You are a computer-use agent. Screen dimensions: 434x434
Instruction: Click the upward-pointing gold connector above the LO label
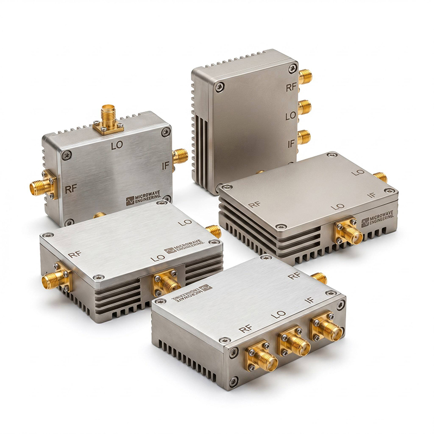[108, 119]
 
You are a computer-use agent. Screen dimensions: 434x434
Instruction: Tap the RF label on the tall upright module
[291, 88]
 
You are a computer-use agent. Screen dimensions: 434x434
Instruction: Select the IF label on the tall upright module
[291, 144]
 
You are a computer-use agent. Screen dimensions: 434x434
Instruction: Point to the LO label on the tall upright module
[291, 116]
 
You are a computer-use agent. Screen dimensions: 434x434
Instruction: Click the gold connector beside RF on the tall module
[305, 76]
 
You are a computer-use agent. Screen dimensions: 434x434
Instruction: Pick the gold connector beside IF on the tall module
[304, 137]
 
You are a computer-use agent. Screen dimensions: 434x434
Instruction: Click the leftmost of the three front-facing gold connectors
[261, 356]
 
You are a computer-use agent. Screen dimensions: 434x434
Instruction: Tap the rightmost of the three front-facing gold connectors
[327, 327]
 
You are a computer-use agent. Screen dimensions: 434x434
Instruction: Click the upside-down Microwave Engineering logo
[192, 293]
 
